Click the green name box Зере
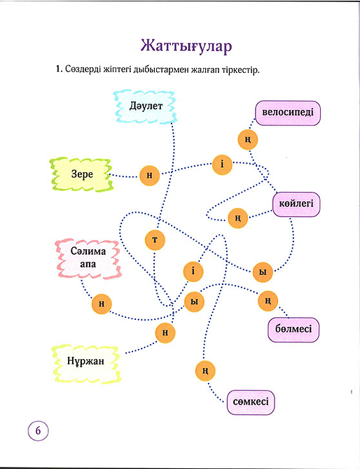[81, 174]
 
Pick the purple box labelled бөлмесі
[293, 328]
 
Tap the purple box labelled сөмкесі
[251, 402]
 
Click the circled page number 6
[38, 430]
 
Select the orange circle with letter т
[155, 239]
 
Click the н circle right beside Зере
[149, 176]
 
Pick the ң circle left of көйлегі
[237, 218]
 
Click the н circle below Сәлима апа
[102, 303]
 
